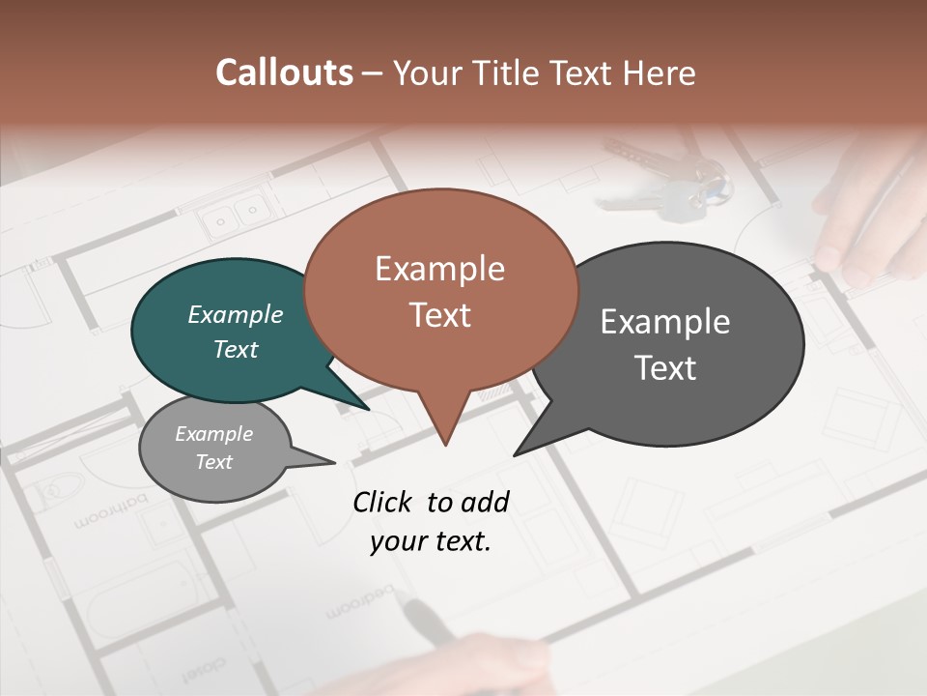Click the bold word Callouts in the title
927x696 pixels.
[284, 72]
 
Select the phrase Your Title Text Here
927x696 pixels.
[544, 73]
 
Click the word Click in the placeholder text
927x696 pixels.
[384, 502]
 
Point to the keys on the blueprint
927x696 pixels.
[676, 184]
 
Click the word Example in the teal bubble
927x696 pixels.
[236, 315]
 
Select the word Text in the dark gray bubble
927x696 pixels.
[665, 368]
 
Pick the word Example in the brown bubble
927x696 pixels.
[439, 269]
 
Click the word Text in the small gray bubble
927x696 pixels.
[214, 462]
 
